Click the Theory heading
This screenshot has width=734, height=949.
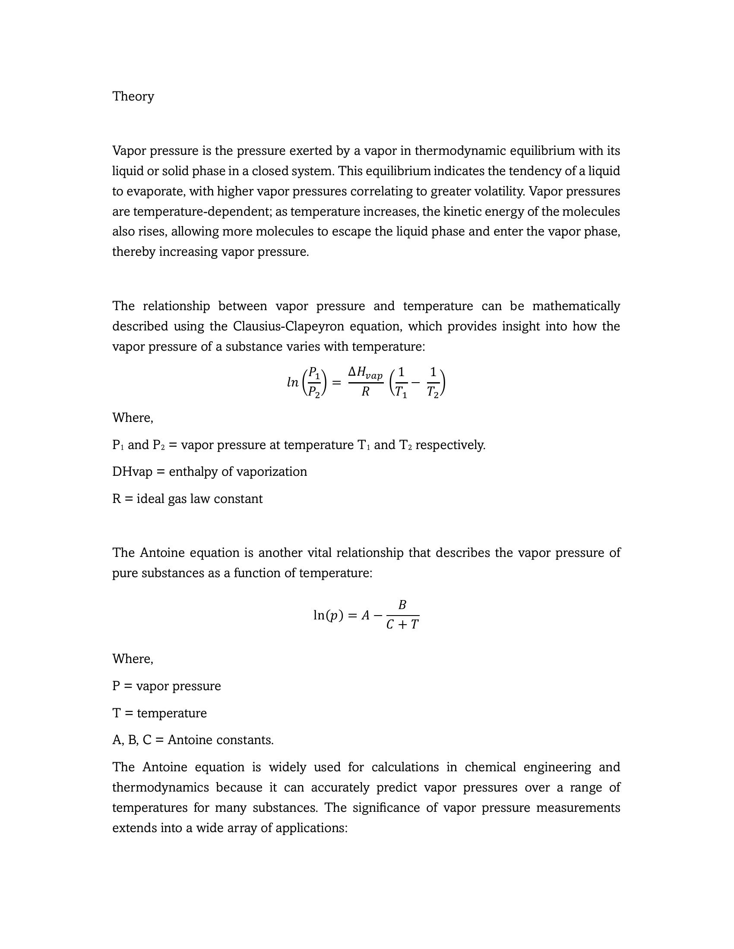(133, 97)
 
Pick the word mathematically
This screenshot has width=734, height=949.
(576, 306)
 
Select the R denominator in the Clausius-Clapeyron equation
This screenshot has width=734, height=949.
(365, 392)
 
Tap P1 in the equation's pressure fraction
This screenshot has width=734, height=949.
(314, 373)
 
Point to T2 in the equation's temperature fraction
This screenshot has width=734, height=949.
(433, 393)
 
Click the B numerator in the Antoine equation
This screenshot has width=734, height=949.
(402, 605)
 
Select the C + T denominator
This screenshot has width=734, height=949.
(402, 625)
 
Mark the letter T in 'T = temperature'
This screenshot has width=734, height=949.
(116, 713)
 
